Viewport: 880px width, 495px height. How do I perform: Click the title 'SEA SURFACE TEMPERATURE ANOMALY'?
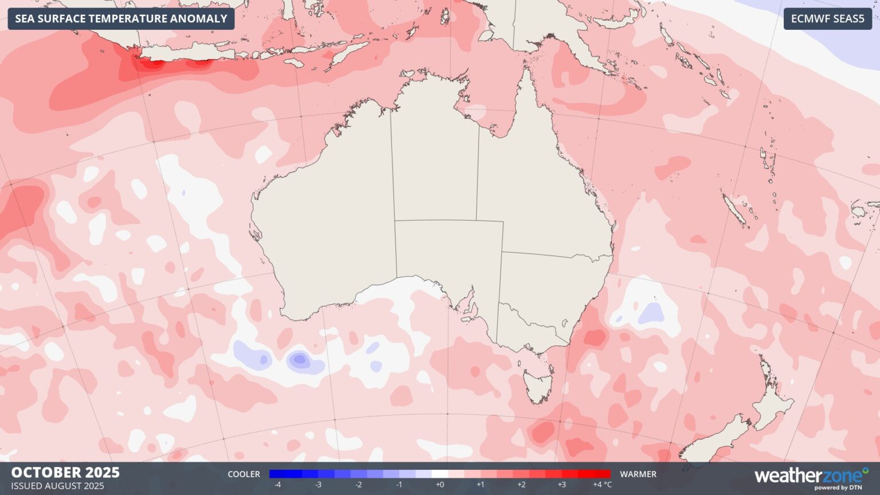click(121, 19)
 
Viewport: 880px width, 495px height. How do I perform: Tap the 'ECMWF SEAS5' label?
click(827, 19)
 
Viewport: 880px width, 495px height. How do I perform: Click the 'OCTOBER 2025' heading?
click(65, 473)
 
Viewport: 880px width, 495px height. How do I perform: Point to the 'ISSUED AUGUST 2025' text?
click(57, 486)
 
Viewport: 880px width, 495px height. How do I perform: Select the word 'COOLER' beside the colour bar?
click(243, 474)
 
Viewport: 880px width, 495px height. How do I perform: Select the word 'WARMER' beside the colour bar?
click(638, 474)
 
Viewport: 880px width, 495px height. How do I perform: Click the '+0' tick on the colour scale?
click(439, 485)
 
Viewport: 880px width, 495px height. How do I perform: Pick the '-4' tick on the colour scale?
click(277, 485)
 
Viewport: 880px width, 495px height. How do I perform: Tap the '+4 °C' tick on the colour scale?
click(602, 485)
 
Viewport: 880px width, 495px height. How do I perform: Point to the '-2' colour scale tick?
click(359, 485)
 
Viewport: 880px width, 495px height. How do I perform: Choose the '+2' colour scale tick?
click(521, 485)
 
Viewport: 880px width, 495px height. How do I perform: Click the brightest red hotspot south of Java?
click(152, 64)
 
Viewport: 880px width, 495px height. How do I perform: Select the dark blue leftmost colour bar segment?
click(277, 474)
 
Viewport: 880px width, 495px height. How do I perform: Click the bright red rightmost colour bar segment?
click(602, 474)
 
